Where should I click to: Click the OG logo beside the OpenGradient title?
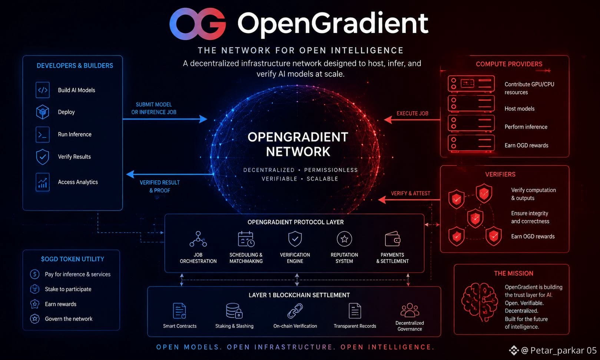click(x=198, y=24)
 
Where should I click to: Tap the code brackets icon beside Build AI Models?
click(x=43, y=90)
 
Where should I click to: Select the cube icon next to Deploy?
click(x=43, y=112)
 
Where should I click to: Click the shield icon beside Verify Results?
click(x=43, y=156)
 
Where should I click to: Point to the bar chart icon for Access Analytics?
click(x=43, y=182)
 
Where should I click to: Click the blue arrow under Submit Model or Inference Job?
click(x=165, y=119)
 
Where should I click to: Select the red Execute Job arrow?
click(x=412, y=119)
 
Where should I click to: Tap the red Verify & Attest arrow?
click(x=409, y=200)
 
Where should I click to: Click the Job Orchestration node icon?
click(x=198, y=239)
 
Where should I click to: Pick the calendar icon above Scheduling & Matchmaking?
click(x=246, y=239)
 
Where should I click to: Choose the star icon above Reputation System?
click(x=344, y=239)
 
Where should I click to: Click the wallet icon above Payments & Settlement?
click(x=393, y=239)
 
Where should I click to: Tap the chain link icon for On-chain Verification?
click(x=295, y=311)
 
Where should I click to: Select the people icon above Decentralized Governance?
click(x=410, y=310)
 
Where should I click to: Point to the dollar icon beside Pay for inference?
click(x=35, y=274)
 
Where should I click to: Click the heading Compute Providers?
click(x=509, y=64)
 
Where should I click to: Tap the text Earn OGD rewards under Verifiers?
click(x=533, y=237)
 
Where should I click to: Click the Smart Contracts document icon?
click(x=179, y=311)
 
